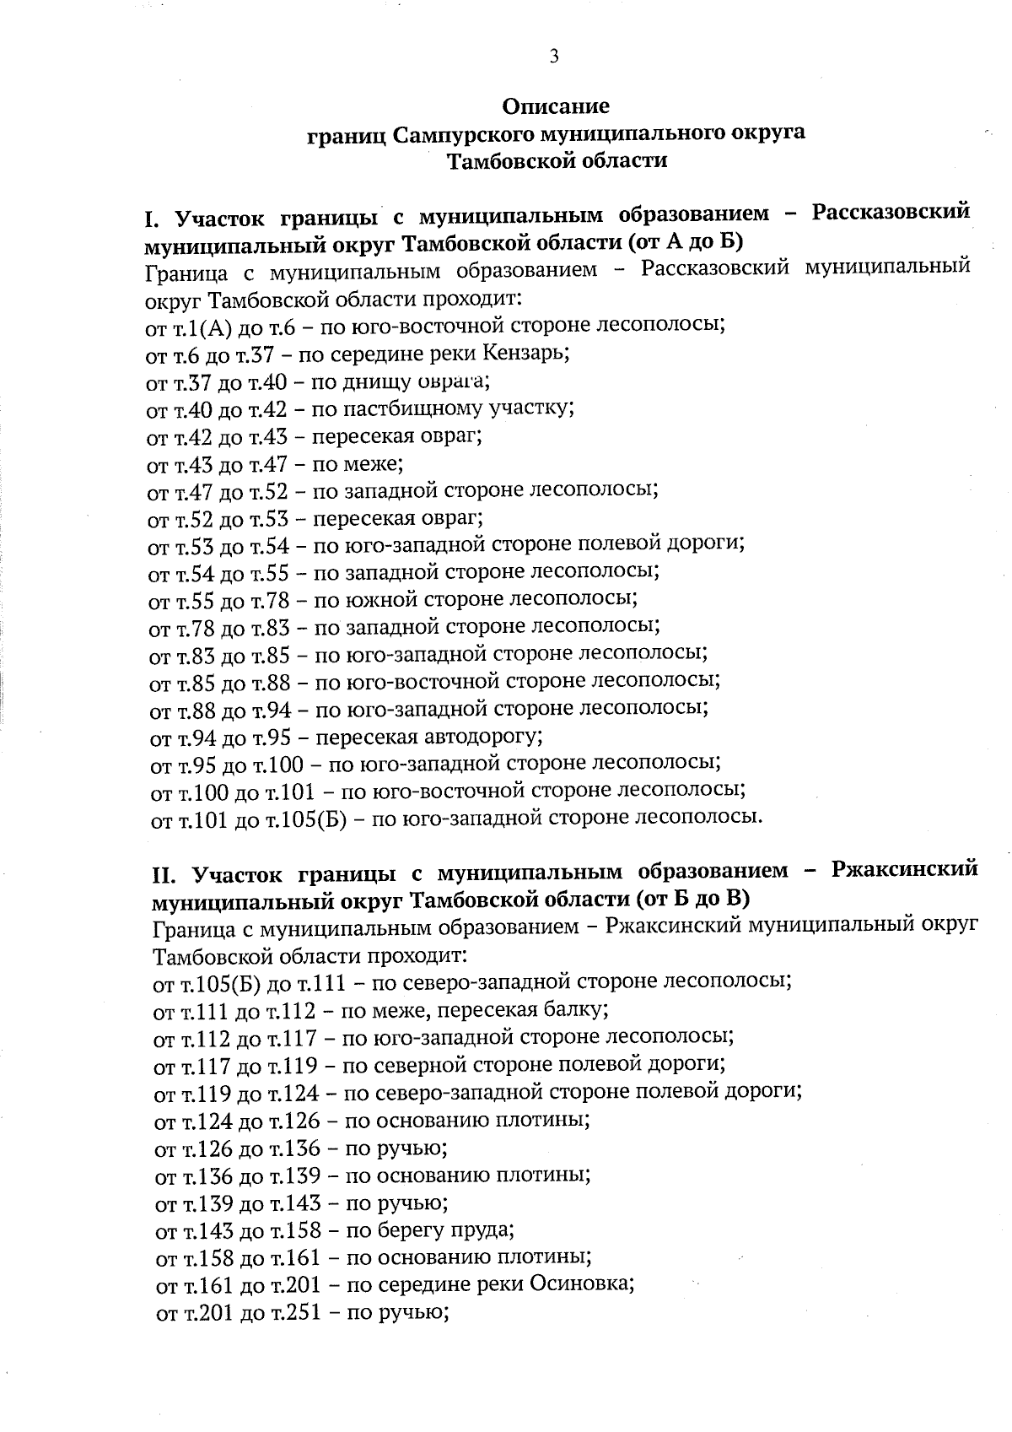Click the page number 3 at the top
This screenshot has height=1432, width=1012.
(554, 57)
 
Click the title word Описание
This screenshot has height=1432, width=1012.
(555, 106)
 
